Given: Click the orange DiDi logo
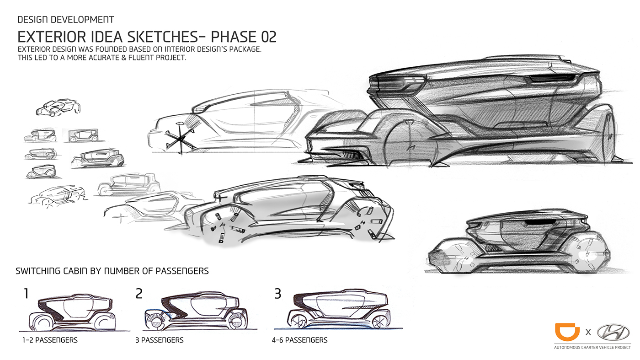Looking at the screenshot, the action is (567, 332).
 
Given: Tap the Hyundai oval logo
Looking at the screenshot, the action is (613, 332).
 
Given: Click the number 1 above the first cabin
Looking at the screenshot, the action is (26, 293).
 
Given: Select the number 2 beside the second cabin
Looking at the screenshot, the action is (139, 293).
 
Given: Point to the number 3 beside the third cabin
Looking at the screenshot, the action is (277, 293).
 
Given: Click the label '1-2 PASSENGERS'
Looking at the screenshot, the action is (50, 340).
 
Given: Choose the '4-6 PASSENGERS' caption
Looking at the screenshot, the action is (299, 340).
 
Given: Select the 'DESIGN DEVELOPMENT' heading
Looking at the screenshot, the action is (65, 20).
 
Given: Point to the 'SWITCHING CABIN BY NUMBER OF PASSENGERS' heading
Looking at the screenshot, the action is (112, 271).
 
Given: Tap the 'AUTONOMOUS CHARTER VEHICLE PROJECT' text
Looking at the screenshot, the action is (592, 347).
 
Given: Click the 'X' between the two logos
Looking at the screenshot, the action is (588, 332).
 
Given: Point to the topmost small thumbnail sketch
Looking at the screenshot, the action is (58, 108).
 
